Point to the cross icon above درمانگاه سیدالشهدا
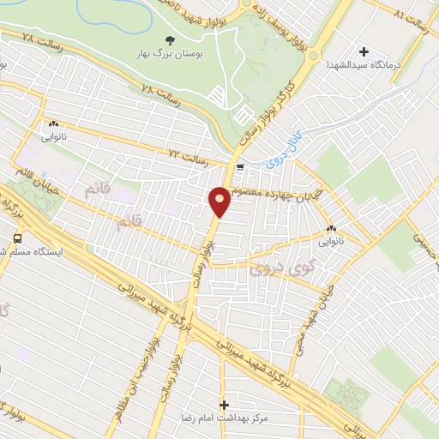click(x=364, y=51)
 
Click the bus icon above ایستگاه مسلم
click(x=17, y=238)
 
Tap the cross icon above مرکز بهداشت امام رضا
click(x=225, y=404)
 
